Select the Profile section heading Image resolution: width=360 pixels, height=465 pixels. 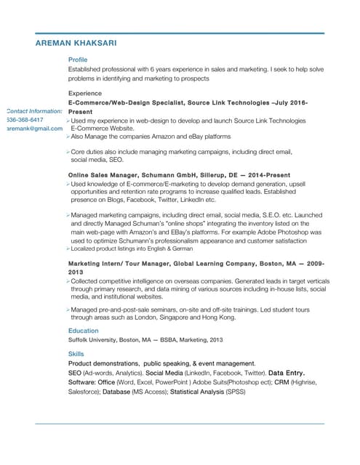point(78,60)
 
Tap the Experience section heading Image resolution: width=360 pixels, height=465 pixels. point(85,94)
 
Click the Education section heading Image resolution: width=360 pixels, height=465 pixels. point(84,331)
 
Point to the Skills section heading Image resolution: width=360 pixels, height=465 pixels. point(76,354)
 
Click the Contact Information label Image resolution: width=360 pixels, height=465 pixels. point(33,110)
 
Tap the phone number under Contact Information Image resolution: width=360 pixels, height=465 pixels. point(25,119)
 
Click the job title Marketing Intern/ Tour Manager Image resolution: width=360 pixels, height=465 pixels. point(124,262)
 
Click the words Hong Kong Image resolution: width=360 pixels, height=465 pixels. point(220,318)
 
